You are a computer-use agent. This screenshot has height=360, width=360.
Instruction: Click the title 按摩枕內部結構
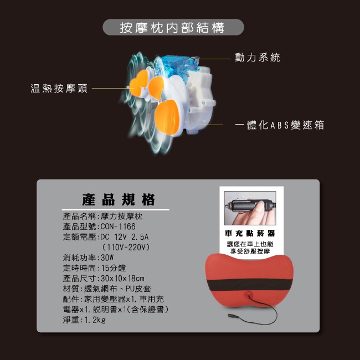[172, 28]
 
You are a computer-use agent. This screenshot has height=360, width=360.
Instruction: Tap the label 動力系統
[258, 58]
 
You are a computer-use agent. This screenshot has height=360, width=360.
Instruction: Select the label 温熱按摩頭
[59, 88]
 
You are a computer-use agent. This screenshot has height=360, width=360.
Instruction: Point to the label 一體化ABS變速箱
[279, 125]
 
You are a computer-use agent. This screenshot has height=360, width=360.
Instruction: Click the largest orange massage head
[167, 117]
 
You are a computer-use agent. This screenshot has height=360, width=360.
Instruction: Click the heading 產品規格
[119, 199]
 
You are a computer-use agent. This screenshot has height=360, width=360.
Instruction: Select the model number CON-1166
[118, 227]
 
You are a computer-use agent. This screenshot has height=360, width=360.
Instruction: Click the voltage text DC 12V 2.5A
[125, 236]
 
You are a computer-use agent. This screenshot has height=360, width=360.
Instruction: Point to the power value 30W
[107, 258]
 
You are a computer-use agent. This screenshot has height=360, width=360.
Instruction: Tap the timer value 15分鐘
[114, 268]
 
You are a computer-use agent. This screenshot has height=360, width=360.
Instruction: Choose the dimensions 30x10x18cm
[122, 278]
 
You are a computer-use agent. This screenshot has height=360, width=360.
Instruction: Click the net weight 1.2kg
[95, 320]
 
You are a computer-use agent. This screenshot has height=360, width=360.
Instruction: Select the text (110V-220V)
[126, 247]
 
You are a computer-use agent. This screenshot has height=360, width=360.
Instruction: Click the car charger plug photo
[250, 208]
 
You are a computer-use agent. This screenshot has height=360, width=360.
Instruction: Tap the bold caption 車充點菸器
[250, 233]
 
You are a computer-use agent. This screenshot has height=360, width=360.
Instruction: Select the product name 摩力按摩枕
[121, 216]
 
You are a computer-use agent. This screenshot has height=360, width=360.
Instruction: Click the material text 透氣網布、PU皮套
[117, 289]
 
